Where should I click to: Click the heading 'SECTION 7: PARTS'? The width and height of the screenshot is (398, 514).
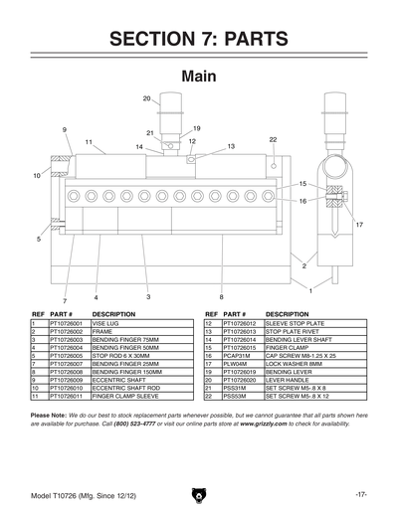click(199, 39)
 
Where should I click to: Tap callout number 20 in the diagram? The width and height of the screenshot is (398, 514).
click(146, 98)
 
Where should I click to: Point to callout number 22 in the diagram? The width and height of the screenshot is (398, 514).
click(273, 140)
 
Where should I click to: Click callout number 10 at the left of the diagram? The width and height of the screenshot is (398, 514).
click(37, 175)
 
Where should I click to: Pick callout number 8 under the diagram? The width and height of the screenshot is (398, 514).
click(221, 297)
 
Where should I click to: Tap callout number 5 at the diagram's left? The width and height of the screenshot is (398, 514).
click(39, 240)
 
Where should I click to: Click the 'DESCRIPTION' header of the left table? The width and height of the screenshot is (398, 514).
click(113, 313)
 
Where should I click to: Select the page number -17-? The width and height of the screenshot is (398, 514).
click(359, 494)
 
